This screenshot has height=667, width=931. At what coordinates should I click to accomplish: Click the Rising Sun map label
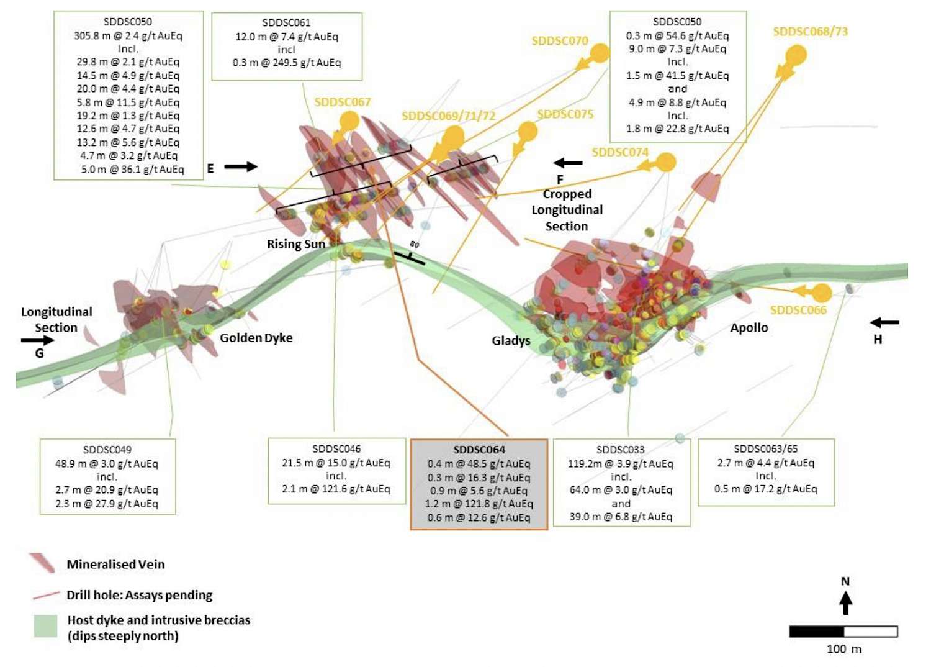tap(296, 243)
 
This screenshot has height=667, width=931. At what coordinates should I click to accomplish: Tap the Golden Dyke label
tap(256, 338)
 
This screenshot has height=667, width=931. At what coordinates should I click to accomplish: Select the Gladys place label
tap(511, 340)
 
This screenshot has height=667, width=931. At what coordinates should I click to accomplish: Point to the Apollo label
tap(749, 328)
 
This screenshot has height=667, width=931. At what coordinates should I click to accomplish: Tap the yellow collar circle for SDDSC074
tap(666, 162)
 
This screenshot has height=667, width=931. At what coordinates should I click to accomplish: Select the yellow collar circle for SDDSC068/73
tap(796, 55)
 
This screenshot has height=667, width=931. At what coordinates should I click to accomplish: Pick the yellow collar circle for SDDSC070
tap(600, 53)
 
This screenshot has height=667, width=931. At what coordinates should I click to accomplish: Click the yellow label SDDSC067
tap(343, 102)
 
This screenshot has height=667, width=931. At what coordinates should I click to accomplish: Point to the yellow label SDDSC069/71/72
tap(449, 116)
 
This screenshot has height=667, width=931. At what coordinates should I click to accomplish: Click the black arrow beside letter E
tap(241, 166)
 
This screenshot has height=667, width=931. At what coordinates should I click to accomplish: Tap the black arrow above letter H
tap(884, 322)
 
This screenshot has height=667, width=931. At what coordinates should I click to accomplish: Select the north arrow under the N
tap(845, 604)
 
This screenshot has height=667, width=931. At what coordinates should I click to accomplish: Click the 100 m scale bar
tap(843, 632)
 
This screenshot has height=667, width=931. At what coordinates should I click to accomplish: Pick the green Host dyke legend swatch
tap(45, 625)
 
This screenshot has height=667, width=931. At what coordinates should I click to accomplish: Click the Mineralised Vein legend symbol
tap(42, 563)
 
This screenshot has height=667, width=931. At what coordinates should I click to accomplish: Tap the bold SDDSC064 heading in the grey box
tap(479, 450)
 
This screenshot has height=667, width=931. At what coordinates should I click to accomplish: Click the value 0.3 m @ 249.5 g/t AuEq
tap(287, 63)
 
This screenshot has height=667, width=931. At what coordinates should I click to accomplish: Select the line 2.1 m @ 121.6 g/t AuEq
tap(336, 489)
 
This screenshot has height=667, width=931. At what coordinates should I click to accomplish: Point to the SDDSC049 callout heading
tap(107, 450)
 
